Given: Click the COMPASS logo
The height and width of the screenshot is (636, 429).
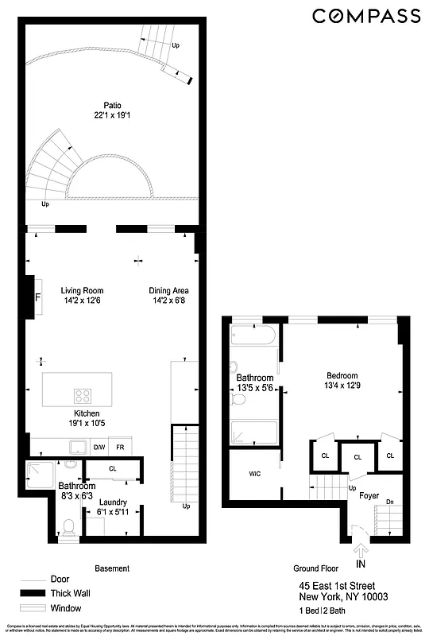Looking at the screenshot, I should [x=365, y=16].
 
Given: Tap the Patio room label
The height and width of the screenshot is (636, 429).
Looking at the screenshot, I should [x=112, y=104].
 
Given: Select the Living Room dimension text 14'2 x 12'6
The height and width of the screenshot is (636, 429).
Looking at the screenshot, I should [x=82, y=301].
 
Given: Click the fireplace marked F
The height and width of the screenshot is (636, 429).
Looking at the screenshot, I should [x=37, y=298].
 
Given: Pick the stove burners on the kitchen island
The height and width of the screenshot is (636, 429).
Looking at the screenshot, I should [x=83, y=395].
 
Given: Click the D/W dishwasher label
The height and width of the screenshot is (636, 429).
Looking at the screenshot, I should [x=99, y=448].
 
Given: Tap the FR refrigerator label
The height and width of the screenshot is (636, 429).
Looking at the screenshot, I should [x=120, y=448].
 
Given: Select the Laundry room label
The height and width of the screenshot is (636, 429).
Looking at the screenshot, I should [x=112, y=502].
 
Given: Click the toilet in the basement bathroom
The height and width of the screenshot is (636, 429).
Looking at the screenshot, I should [x=68, y=526].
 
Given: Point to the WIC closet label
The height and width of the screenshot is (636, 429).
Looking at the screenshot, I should [x=255, y=474].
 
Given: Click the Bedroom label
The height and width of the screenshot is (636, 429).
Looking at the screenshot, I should [x=342, y=376].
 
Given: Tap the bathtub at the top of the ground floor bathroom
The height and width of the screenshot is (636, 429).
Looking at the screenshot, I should [x=253, y=334].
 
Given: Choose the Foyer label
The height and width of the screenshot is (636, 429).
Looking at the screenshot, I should [x=369, y=494].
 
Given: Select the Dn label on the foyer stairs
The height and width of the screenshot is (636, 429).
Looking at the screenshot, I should [x=388, y=502].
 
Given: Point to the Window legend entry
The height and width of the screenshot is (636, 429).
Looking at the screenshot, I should [x=65, y=608].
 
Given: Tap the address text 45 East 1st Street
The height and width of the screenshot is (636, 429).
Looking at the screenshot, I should [x=343, y=585].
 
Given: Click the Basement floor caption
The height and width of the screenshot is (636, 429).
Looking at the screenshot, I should [x=112, y=568].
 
